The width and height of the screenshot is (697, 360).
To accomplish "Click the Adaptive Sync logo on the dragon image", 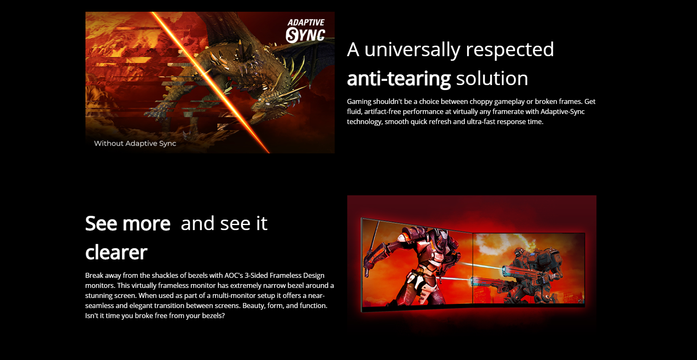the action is pyautogui.click(x=305, y=31).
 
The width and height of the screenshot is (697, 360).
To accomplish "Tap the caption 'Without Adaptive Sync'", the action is pyautogui.click(x=135, y=143).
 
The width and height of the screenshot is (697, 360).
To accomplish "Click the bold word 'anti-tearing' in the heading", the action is pyautogui.click(x=399, y=78).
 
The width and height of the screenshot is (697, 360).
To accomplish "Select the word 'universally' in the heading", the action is pyautogui.click(x=412, y=50).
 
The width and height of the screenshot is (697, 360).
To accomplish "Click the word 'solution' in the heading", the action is pyautogui.click(x=492, y=78).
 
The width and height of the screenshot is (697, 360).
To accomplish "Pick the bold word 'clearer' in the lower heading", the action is pyautogui.click(x=116, y=252).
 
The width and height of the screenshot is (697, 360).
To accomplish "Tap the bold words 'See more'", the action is pyautogui.click(x=128, y=223).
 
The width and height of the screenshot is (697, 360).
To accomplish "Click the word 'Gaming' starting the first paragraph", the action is pyautogui.click(x=359, y=102).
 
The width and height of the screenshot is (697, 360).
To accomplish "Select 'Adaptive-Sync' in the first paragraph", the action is pyautogui.click(x=562, y=111).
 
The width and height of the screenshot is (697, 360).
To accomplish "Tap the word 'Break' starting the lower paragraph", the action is pyautogui.click(x=94, y=275).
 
